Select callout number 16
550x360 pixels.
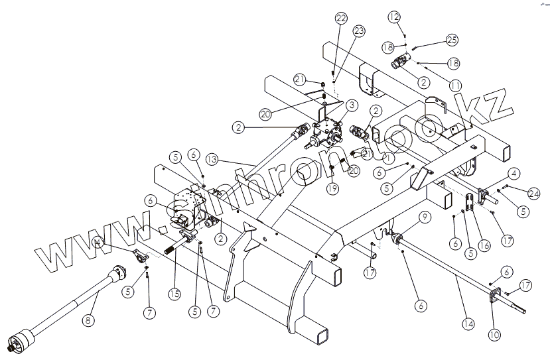point(484,245)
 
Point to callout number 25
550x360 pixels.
point(452,41)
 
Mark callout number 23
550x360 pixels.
point(359,30)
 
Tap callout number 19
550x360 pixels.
point(332,189)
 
